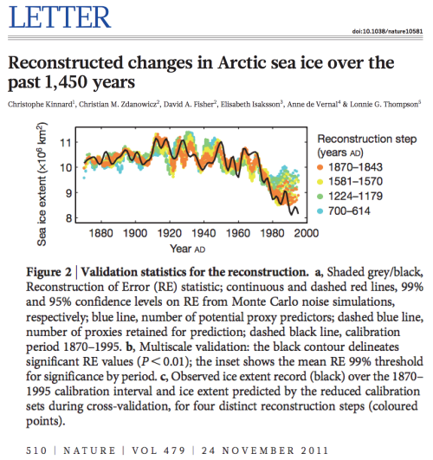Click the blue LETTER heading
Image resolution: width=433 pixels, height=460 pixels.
[60, 17]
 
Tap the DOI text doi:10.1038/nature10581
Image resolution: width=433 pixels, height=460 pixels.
[387, 31]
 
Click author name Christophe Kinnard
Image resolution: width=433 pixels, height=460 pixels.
[40, 105]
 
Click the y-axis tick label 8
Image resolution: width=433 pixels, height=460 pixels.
[68, 218]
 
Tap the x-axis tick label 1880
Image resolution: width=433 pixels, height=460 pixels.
[101, 233]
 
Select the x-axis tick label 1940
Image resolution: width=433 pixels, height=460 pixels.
[204, 233]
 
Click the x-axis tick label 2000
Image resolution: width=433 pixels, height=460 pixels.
[307, 233]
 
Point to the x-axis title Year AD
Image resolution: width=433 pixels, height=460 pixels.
[188, 249]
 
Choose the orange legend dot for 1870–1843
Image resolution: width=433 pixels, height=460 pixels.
[320, 167]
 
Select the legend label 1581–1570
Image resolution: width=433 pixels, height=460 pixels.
[355, 182]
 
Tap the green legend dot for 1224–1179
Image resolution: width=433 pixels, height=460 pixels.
[320, 197]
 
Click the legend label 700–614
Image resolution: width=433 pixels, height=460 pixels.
[349, 211]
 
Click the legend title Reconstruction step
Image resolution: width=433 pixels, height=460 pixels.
[367, 139]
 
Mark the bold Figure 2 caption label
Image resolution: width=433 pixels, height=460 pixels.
[49, 272]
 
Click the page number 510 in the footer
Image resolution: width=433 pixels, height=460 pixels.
[36, 450]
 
